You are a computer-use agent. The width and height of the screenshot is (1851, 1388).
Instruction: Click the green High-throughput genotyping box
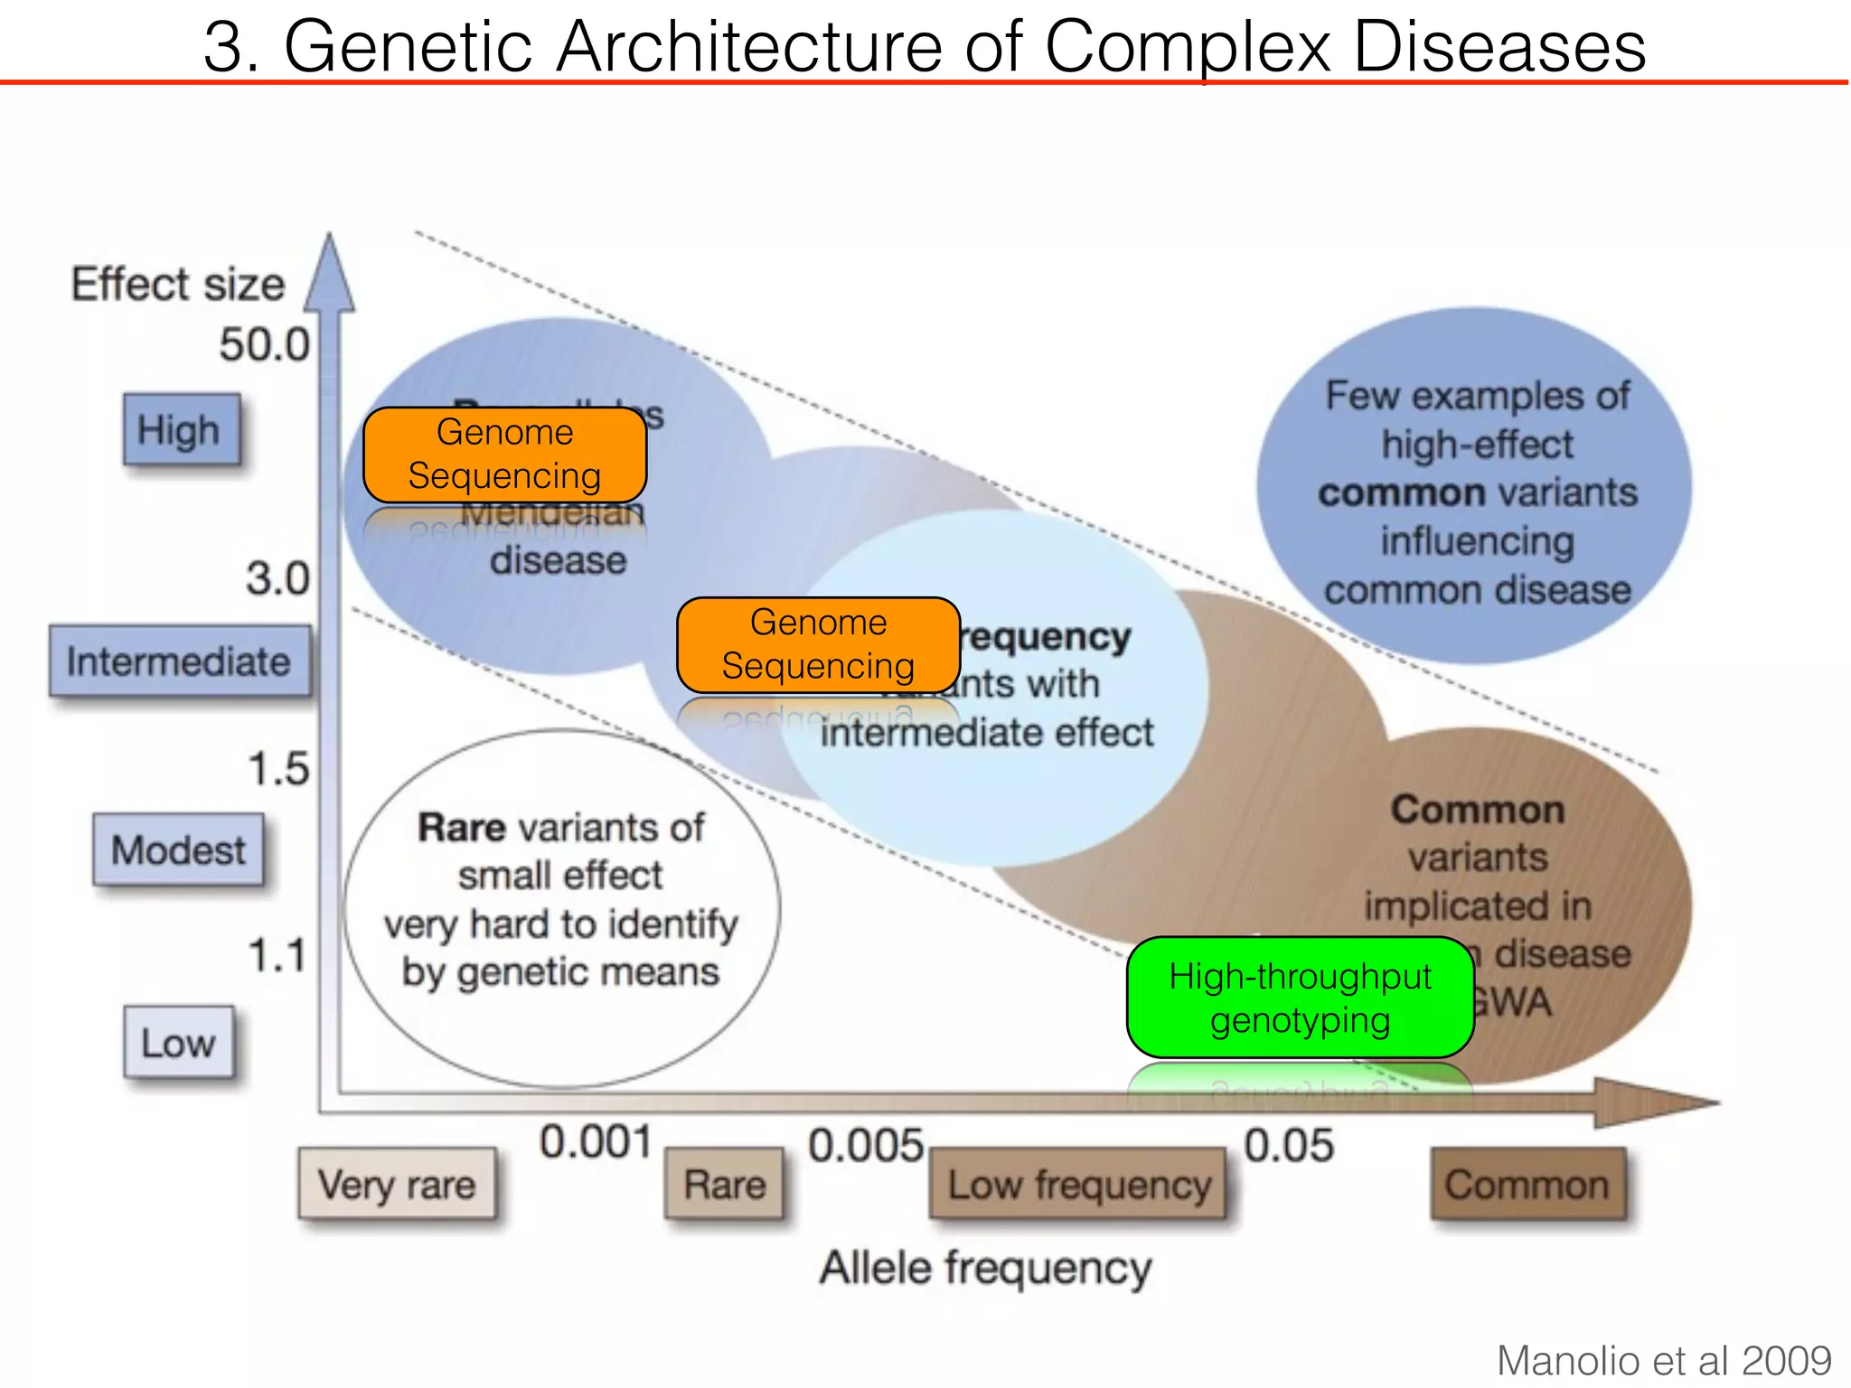tap(1300, 998)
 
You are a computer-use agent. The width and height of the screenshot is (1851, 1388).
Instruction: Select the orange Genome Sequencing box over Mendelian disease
tap(504, 455)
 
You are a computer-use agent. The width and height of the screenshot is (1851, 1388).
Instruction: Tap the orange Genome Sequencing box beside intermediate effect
tap(818, 644)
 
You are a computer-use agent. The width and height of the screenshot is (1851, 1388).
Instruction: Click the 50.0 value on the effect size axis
tap(264, 344)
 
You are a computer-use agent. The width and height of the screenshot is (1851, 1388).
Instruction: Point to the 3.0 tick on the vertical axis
tap(277, 578)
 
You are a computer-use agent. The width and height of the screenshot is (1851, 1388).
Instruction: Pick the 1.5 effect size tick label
tap(278, 769)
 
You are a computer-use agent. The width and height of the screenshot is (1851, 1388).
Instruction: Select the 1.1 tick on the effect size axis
tap(277, 955)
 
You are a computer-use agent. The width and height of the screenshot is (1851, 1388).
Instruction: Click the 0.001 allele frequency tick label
tap(595, 1142)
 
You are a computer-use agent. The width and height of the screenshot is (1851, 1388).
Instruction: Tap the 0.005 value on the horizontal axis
tap(865, 1145)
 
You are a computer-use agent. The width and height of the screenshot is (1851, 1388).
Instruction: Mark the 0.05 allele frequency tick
tap(1288, 1145)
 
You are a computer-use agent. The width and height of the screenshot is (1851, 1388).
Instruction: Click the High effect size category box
tap(182, 429)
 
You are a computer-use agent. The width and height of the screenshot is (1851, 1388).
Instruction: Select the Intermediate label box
tap(180, 661)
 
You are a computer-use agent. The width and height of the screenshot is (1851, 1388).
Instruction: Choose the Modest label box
tap(178, 849)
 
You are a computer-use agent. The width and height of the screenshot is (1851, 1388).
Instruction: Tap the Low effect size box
tap(178, 1043)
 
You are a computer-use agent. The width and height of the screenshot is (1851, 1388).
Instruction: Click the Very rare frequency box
tap(397, 1184)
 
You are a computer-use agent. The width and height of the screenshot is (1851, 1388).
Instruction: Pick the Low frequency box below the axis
tap(1078, 1184)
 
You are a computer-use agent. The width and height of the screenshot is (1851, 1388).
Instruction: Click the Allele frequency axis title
tap(985, 1267)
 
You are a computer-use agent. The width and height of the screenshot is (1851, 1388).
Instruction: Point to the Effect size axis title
tap(178, 284)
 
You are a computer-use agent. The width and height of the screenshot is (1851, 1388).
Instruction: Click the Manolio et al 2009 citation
tap(1663, 1360)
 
